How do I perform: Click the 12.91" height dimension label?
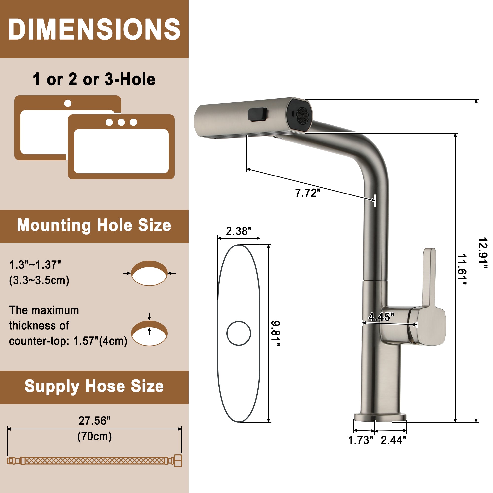483,253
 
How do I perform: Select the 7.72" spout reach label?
307,193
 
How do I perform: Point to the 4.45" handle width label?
381,317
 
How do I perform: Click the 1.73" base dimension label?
361,440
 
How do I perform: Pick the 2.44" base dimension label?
393,440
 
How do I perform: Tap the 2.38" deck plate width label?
239,231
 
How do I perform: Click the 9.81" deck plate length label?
275,334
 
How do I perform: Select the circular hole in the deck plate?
239,333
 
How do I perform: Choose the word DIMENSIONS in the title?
94,29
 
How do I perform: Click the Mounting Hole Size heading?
94,225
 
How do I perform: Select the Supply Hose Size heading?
94,386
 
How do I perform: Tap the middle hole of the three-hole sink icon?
121,122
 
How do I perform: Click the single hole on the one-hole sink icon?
68,103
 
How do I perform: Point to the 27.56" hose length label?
94,421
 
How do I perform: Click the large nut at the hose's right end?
178,461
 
